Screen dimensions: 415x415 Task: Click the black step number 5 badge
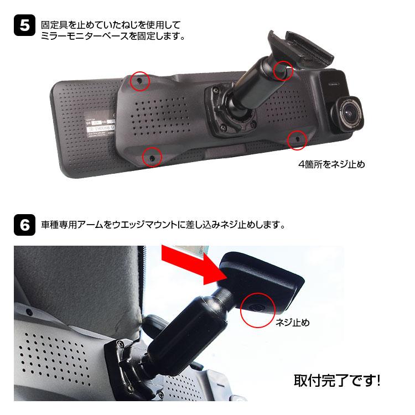point(24,25)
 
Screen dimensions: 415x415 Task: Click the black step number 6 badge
point(24,225)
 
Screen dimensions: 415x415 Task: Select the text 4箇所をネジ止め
point(331,164)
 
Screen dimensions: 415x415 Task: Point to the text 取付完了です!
point(337,380)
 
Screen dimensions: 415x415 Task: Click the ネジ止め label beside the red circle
point(293,323)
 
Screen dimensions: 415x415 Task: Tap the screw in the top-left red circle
point(139,80)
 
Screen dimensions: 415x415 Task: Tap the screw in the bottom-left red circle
point(152,158)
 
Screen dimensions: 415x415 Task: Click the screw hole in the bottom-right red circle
point(297,139)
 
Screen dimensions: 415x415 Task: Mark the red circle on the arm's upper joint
point(283,70)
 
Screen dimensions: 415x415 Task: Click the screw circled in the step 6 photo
point(256,308)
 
